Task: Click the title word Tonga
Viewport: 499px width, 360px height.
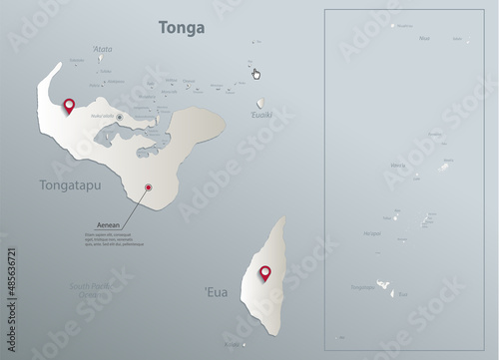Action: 182,28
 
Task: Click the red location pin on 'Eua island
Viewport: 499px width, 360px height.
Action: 265,273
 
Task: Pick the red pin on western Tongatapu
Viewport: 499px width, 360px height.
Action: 69,106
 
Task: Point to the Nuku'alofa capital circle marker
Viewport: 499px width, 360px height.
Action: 120,118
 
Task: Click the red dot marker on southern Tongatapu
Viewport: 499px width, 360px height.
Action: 148,185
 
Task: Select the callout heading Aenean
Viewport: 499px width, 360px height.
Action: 108,225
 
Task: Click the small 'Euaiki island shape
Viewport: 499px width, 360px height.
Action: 260,102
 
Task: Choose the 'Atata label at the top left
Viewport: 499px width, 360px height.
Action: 102,48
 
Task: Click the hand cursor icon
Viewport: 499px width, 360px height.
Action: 255,73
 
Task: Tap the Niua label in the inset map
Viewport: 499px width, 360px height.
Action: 425,38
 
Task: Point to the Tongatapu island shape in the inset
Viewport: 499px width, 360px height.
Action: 383,286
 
